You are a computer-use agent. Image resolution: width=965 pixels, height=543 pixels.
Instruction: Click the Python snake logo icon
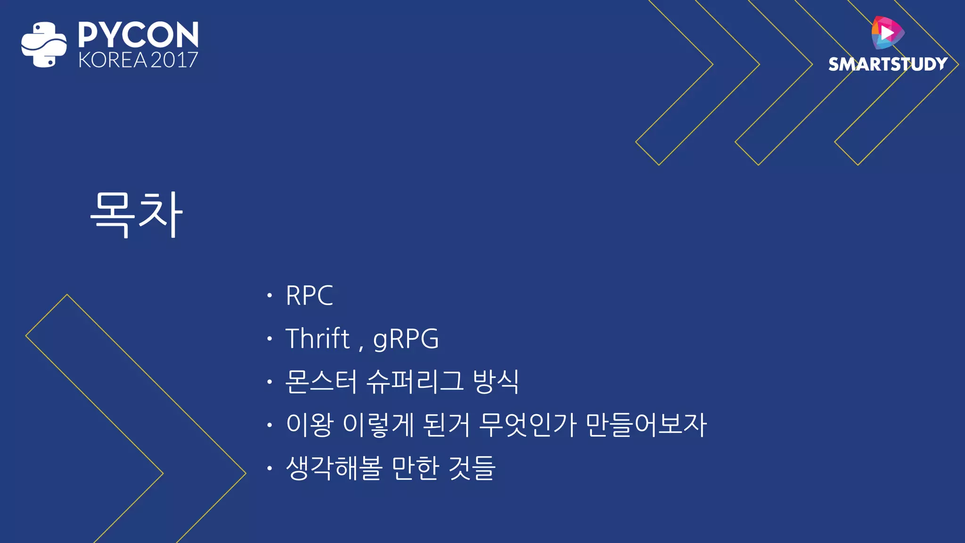[x=44, y=44]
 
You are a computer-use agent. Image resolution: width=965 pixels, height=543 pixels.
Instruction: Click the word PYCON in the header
[x=138, y=35]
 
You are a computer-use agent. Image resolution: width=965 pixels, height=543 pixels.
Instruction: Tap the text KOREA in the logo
[x=113, y=60]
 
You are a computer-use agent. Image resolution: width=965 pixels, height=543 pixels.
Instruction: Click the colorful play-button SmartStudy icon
[x=887, y=33]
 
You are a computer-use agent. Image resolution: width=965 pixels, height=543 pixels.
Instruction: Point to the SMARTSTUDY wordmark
[x=888, y=64]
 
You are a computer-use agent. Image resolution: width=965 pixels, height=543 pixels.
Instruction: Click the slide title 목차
[x=137, y=215]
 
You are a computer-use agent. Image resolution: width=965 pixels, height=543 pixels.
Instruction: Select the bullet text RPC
[x=309, y=296]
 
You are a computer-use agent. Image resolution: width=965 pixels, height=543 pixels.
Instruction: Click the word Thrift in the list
[x=318, y=338]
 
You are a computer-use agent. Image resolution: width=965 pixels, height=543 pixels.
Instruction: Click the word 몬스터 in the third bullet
[x=321, y=381]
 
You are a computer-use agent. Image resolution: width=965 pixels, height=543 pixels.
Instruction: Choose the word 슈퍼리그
[x=415, y=381]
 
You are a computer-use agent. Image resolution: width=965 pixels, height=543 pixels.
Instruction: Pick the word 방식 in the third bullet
[x=496, y=381]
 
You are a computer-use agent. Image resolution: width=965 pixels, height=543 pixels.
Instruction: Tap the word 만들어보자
[x=646, y=425]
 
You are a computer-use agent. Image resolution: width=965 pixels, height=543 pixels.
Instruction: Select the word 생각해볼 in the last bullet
[x=334, y=468]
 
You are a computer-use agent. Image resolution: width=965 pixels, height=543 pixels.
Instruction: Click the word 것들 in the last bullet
[x=472, y=468]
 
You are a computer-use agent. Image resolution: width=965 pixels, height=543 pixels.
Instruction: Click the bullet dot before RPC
[x=270, y=296]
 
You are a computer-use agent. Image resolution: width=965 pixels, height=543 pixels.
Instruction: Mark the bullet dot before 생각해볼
[x=270, y=468]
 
